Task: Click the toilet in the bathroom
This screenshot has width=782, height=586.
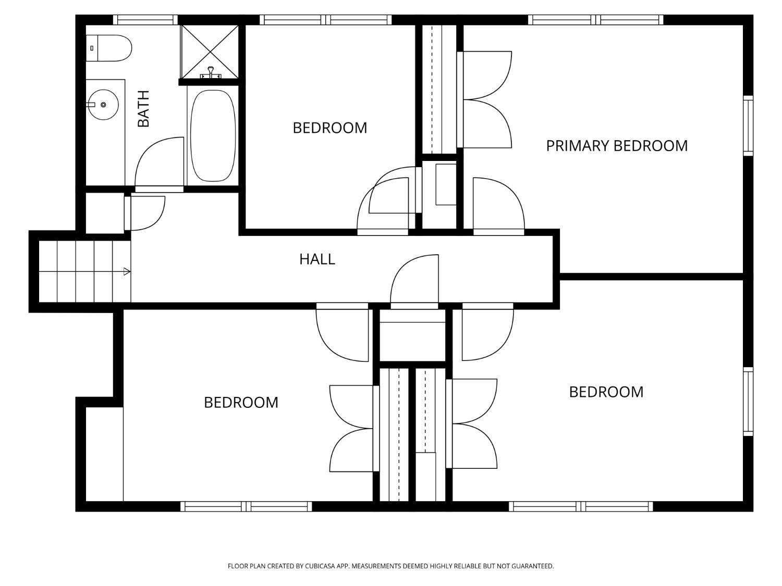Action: click(108, 48)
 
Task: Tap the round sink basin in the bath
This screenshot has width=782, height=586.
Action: click(103, 105)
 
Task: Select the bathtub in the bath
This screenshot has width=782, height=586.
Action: click(213, 135)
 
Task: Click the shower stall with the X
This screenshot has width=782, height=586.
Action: click(210, 52)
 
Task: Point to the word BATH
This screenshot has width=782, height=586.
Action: click(143, 108)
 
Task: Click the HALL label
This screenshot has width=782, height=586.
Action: click(317, 259)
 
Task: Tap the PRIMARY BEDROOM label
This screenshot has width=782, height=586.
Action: click(617, 146)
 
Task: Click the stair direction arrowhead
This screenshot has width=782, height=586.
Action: click(127, 272)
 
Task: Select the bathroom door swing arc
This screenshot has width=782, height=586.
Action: click(159, 162)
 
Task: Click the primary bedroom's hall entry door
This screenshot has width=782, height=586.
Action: click(498, 206)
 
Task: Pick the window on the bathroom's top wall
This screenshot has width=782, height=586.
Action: click(145, 20)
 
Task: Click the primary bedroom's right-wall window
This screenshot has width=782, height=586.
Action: click(748, 126)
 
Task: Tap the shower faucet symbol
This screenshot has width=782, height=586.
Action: click(211, 72)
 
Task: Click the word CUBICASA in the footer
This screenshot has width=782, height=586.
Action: click(320, 566)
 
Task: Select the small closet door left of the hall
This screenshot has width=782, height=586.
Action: click(144, 213)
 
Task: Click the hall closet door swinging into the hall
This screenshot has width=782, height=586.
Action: click(414, 282)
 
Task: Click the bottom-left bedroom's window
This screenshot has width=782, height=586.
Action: click(246, 506)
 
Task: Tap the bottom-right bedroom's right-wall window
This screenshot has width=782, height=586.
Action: click(748, 402)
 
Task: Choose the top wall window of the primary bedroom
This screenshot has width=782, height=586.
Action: click(596, 20)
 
